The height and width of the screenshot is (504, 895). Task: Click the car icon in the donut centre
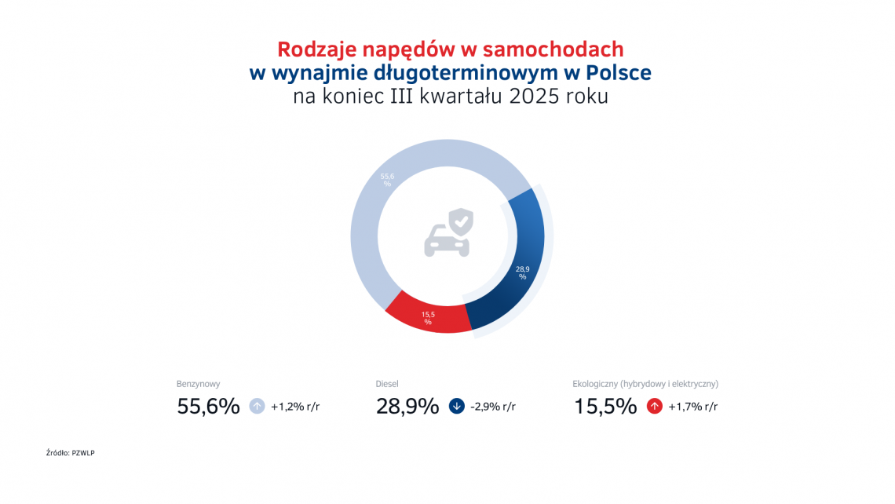point(446,240)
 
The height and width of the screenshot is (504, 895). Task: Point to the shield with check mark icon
point(462,221)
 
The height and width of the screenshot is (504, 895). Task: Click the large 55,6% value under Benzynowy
point(208,407)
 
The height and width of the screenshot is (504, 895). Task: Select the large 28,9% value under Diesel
point(407,407)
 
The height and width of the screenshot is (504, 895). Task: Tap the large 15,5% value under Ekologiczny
point(605,407)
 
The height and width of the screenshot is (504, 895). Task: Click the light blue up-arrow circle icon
point(257,407)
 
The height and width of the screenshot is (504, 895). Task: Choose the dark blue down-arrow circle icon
point(456,407)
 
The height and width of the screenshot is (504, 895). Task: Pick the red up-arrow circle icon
point(654,407)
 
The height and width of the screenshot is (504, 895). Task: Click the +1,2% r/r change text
point(295,407)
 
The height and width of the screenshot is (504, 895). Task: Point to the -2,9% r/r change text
point(493,407)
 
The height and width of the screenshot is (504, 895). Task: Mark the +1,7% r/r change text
point(692,407)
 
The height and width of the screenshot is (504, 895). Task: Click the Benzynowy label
point(198,385)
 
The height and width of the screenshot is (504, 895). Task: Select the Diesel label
point(387,385)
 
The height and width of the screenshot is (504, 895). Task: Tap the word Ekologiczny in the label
point(595,385)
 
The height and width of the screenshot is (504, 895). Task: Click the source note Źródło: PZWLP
point(76,453)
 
